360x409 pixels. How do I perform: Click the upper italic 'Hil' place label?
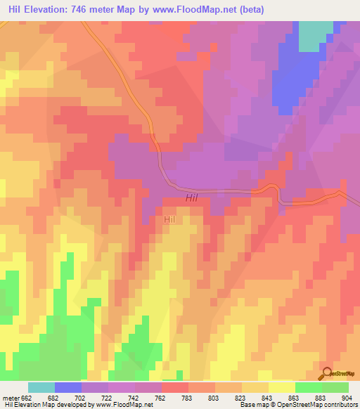(x=193, y=199)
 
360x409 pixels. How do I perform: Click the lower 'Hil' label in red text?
(x=169, y=220)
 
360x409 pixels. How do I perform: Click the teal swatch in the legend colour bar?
(x=41, y=387)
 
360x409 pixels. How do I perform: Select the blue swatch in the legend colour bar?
(x=68, y=387)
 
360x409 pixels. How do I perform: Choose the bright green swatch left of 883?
(x=309, y=387)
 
